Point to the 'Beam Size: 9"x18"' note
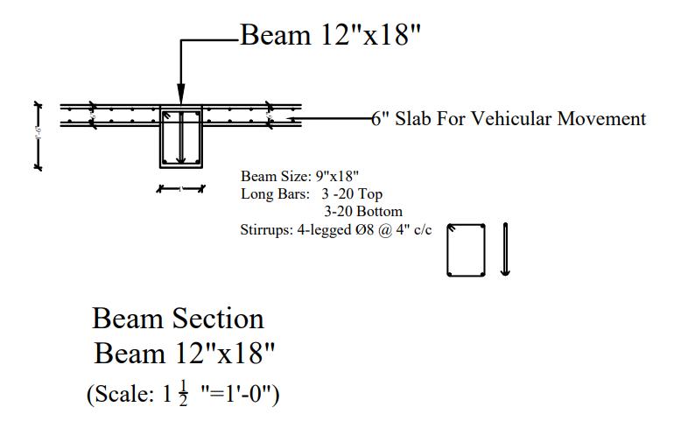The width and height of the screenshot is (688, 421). pos(299,177)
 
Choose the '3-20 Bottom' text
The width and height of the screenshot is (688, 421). pos(363,211)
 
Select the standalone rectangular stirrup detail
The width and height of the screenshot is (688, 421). pos(467,250)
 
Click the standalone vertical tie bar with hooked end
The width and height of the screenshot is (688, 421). pos(505,249)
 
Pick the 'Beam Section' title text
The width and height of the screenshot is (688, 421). pos(178,318)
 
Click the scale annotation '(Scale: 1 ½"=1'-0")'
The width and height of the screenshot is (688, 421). pos(182,394)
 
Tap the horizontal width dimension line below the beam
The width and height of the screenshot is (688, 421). pos(180,188)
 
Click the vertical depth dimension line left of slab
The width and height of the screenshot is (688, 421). pos(38,135)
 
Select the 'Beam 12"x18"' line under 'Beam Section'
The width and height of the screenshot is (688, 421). pos(185,354)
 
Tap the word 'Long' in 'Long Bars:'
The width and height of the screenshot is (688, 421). pos(256,193)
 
